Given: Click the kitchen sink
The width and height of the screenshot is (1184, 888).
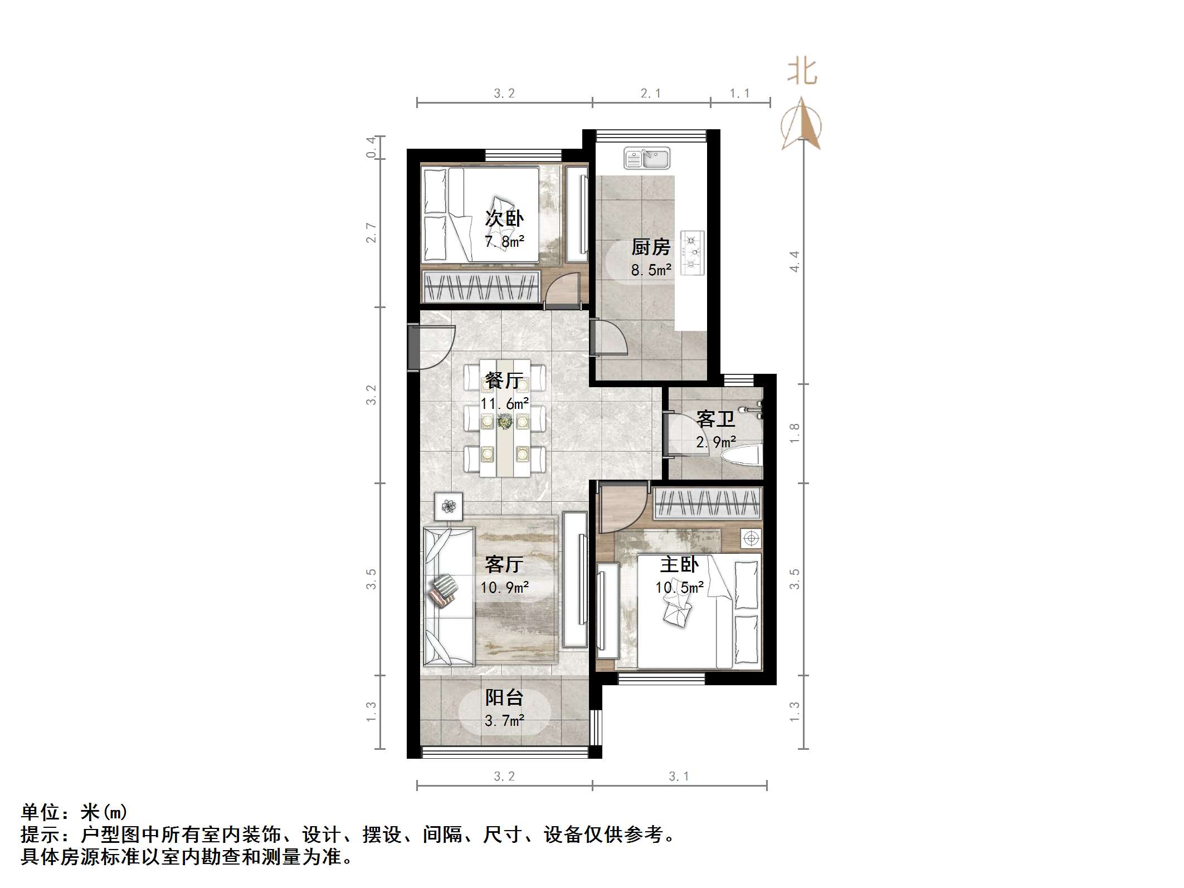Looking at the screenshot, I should [x=646, y=158].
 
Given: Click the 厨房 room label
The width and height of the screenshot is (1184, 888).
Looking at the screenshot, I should [x=650, y=247].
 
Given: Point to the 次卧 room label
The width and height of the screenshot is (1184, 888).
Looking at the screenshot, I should [x=504, y=218].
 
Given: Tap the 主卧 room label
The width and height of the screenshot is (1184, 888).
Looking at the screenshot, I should [x=679, y=565].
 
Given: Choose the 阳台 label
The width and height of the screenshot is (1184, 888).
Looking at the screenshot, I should [x=504, y=697].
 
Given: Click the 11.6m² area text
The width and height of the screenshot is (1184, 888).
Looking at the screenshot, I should [x=505, y=403].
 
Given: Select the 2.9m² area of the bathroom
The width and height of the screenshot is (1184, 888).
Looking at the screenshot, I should [x=716, y=442].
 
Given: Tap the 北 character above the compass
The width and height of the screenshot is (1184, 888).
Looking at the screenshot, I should [x=802, y=72].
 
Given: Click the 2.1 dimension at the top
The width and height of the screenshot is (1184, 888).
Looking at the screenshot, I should [x=650, y=94].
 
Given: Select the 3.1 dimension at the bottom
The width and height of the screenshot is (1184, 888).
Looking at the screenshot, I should [x=679, y=776].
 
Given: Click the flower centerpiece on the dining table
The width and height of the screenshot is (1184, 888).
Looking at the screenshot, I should [x=505, y=422].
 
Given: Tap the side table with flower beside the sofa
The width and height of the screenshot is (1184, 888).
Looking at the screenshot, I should [x=449, y=506].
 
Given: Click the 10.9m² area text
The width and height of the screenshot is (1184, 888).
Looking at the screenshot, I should [x=505, y=587].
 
